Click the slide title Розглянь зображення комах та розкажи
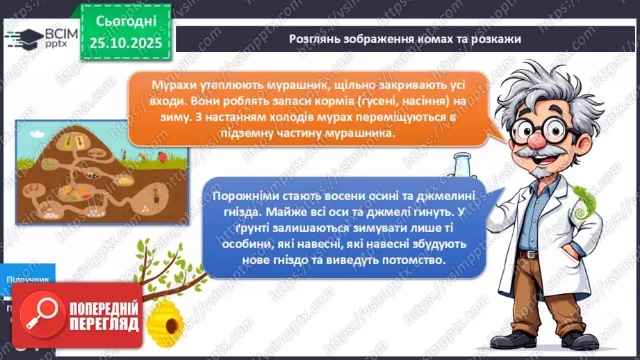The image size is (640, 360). (x=405, y=39)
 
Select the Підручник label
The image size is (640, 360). (x=28, y=279)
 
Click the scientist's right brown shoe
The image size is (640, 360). (x=577, y=341)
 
